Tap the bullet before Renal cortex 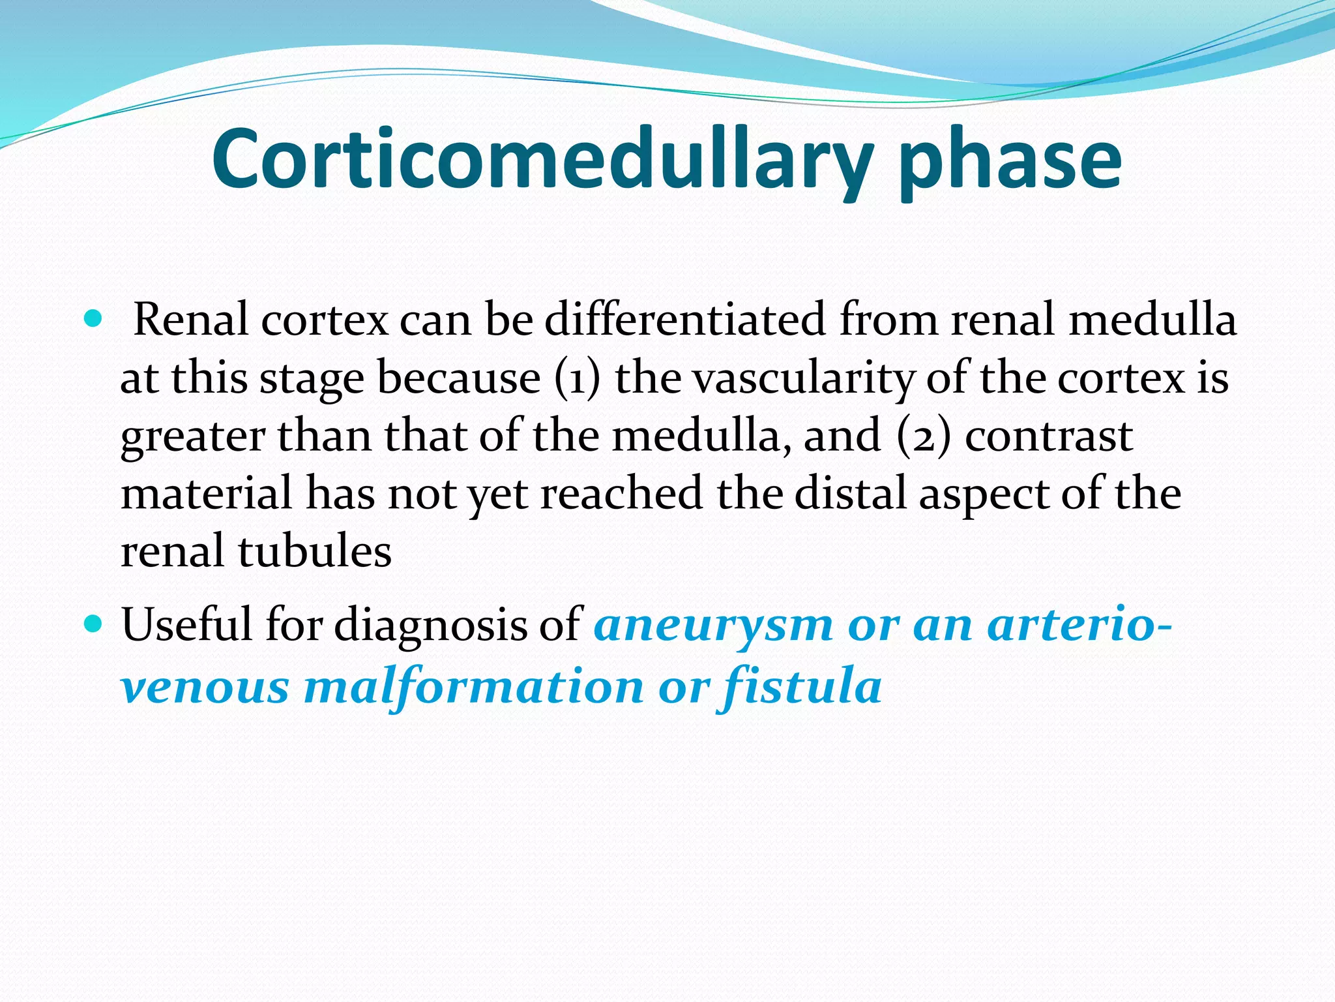94,319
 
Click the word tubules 314,551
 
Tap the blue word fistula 801,687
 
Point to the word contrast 1049,436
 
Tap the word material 207,493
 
